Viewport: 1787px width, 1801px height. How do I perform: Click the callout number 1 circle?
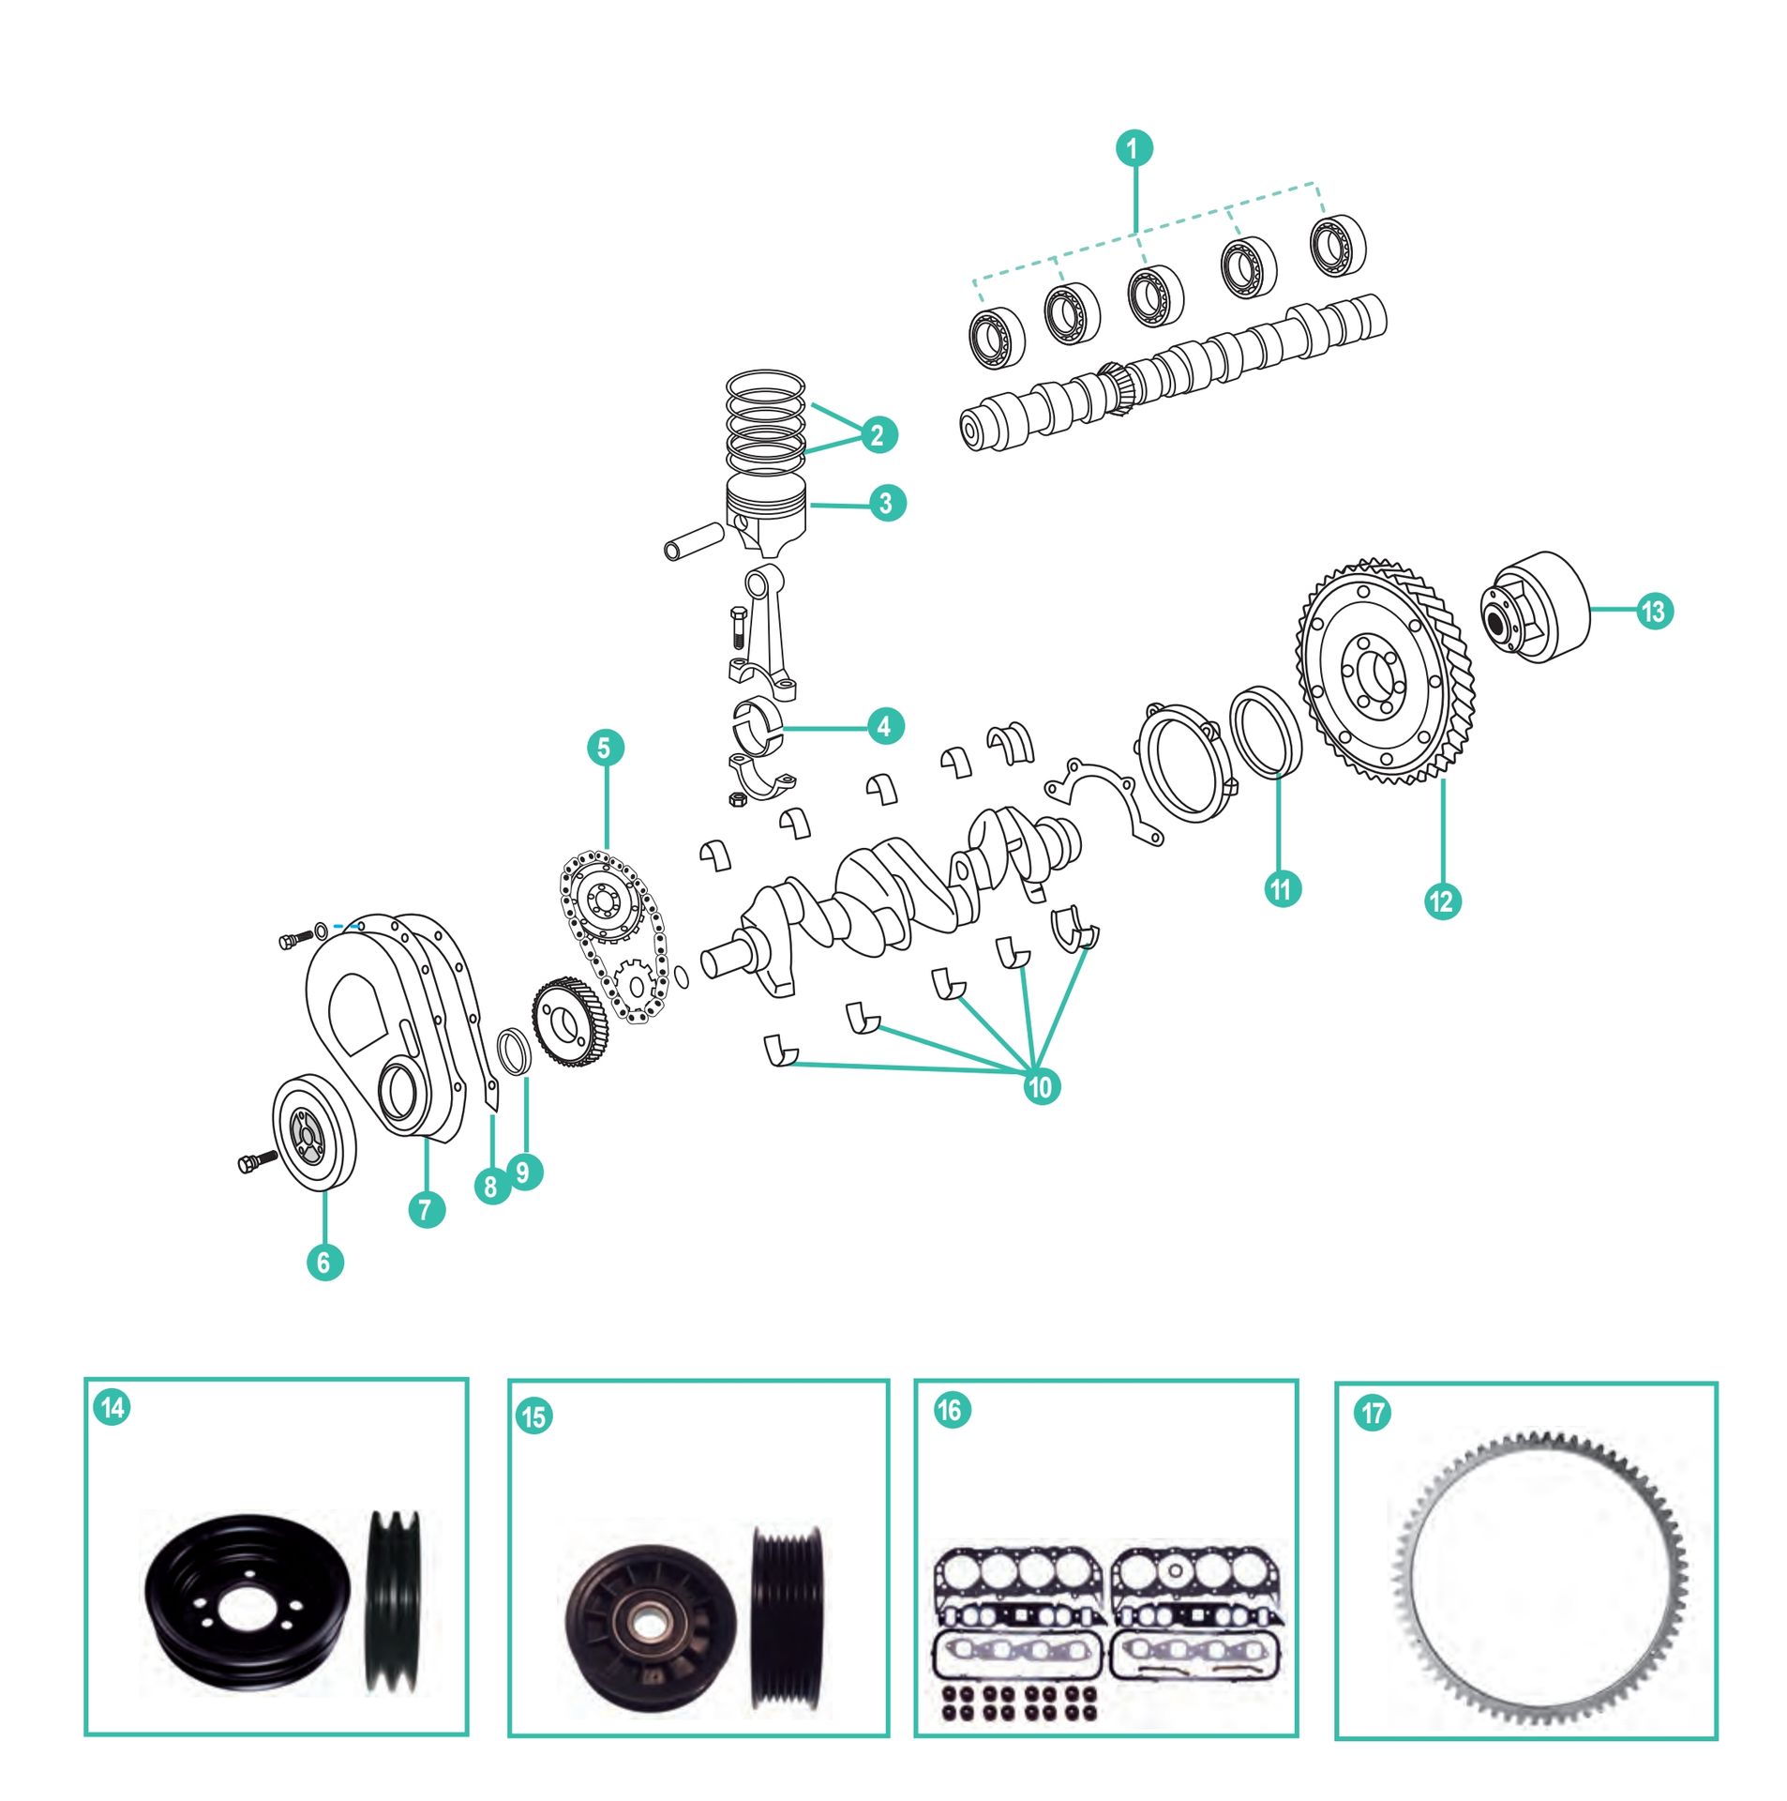click(x=1133, y=148)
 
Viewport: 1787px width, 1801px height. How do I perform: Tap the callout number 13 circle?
click(x=1654, y=612)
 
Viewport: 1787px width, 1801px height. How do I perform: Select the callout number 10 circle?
click(x=1040, y=1087)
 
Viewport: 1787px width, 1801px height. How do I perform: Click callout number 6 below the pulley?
click(x=324, y=1263)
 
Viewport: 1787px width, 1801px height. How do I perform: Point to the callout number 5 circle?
click(x=604, y=748)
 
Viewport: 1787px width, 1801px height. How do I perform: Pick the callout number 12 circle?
click(x=1441, y=901)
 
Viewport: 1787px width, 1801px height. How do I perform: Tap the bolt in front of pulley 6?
click(x=258, y=1161)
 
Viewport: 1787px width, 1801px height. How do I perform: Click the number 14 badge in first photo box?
click(x=113, y=1408)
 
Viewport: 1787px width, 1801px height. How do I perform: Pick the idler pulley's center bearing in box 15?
click(x=644, y=1626)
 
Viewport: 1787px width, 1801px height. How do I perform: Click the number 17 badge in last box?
click(x=1373, y=1413)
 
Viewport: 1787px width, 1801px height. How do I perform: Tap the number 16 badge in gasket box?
click(x=949, y=1410)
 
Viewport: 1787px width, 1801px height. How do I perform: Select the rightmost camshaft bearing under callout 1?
click(x=1336, y=246)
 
